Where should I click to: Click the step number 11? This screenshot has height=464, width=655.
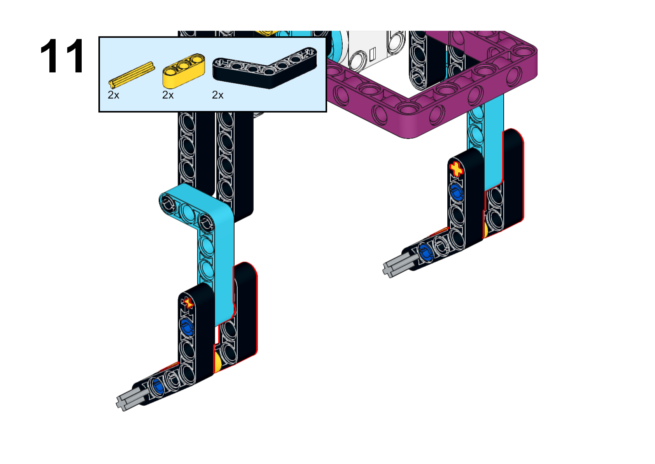click(62, 56)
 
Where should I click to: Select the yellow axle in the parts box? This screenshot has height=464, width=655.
click(131, 75)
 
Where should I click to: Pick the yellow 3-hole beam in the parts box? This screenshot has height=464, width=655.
click(184, 70)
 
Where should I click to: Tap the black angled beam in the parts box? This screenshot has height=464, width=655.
click(264, 68)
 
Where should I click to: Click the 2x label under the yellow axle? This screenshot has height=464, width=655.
click(114, 95)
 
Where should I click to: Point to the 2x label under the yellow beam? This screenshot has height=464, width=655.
click(168, 95)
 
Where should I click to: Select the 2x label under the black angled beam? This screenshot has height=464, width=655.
click(217, 95)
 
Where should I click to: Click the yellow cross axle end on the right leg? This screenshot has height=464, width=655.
click(456, 169)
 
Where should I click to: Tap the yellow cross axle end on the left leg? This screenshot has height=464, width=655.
click(187, 303)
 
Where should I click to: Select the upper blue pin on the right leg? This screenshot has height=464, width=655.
click(456, 192)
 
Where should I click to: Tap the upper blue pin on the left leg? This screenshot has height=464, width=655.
click(187, 327)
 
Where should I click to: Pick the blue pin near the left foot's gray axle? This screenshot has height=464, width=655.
click(158, 386)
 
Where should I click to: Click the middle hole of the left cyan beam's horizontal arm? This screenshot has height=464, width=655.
click(187, 210)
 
